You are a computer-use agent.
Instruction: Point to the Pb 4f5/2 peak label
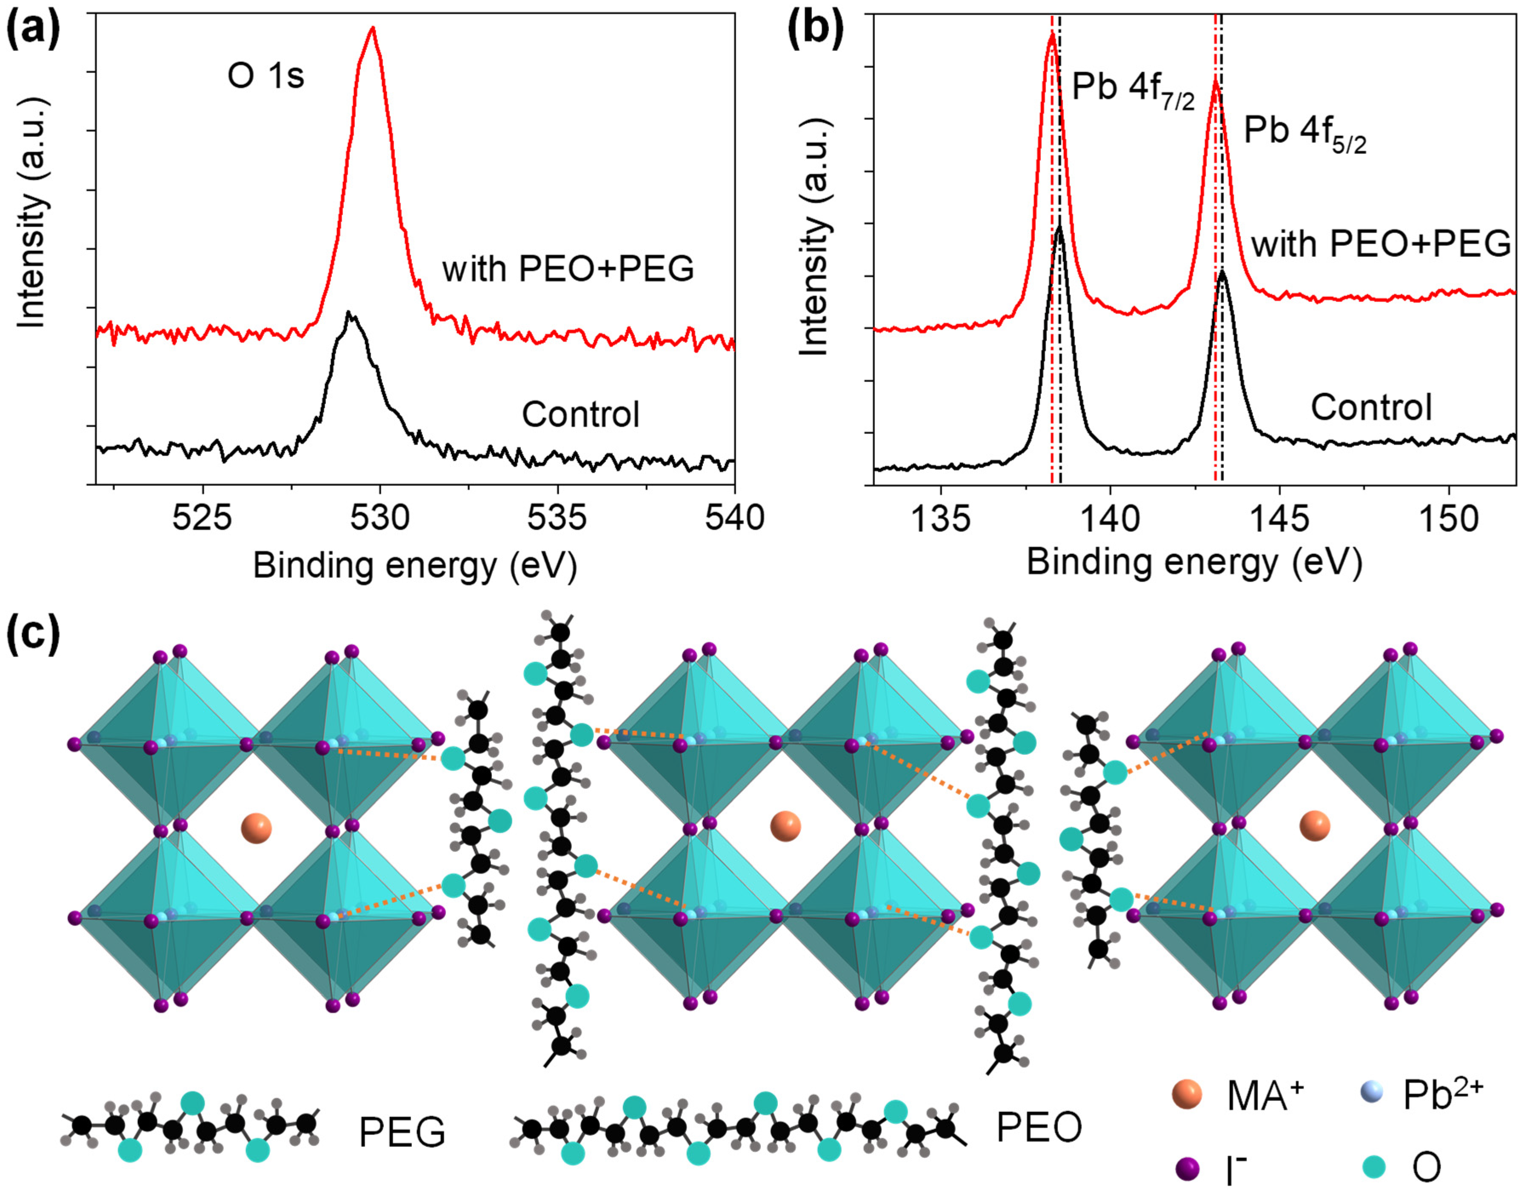click(x=1304, y=135)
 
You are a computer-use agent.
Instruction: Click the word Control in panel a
click(x=580, y=414)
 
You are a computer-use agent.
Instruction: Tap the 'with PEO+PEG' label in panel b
click(x=1381, y=245)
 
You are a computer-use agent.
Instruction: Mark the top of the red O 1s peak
click(x=373, y=29)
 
